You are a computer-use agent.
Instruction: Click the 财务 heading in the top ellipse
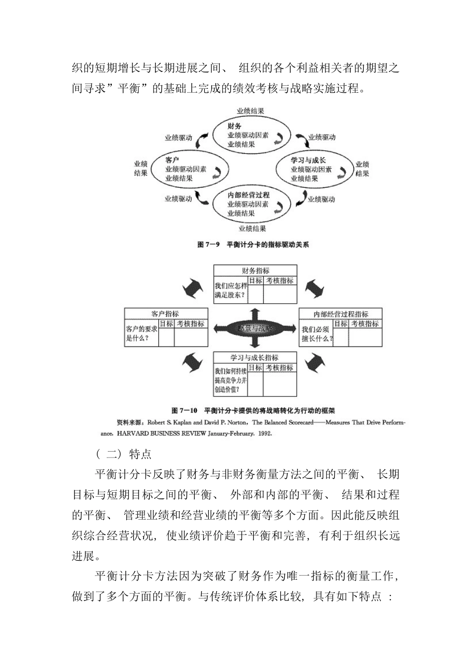click(x=235, y=126)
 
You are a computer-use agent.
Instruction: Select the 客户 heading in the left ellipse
click(x=172, y=160)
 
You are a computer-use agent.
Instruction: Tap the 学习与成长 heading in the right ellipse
click(x=308, y=160)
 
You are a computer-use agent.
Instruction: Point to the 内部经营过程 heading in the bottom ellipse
click(x=248, y=195)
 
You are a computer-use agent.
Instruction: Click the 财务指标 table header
click(x=255, y=271)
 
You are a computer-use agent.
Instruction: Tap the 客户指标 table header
click(x=165, y=314)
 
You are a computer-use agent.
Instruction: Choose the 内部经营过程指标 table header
click(x=341, y=314)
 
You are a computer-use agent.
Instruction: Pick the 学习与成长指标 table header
click(x=254, y=357)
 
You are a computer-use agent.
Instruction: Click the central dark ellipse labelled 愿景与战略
click(x=255, y=328)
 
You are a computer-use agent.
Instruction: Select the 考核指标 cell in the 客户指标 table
click(x=191, y=324)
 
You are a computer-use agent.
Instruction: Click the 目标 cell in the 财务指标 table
click(x=255, y=280)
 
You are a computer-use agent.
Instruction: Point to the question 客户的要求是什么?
click(x=142, y=333)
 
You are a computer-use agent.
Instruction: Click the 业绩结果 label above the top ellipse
click(x=250, y=111)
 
